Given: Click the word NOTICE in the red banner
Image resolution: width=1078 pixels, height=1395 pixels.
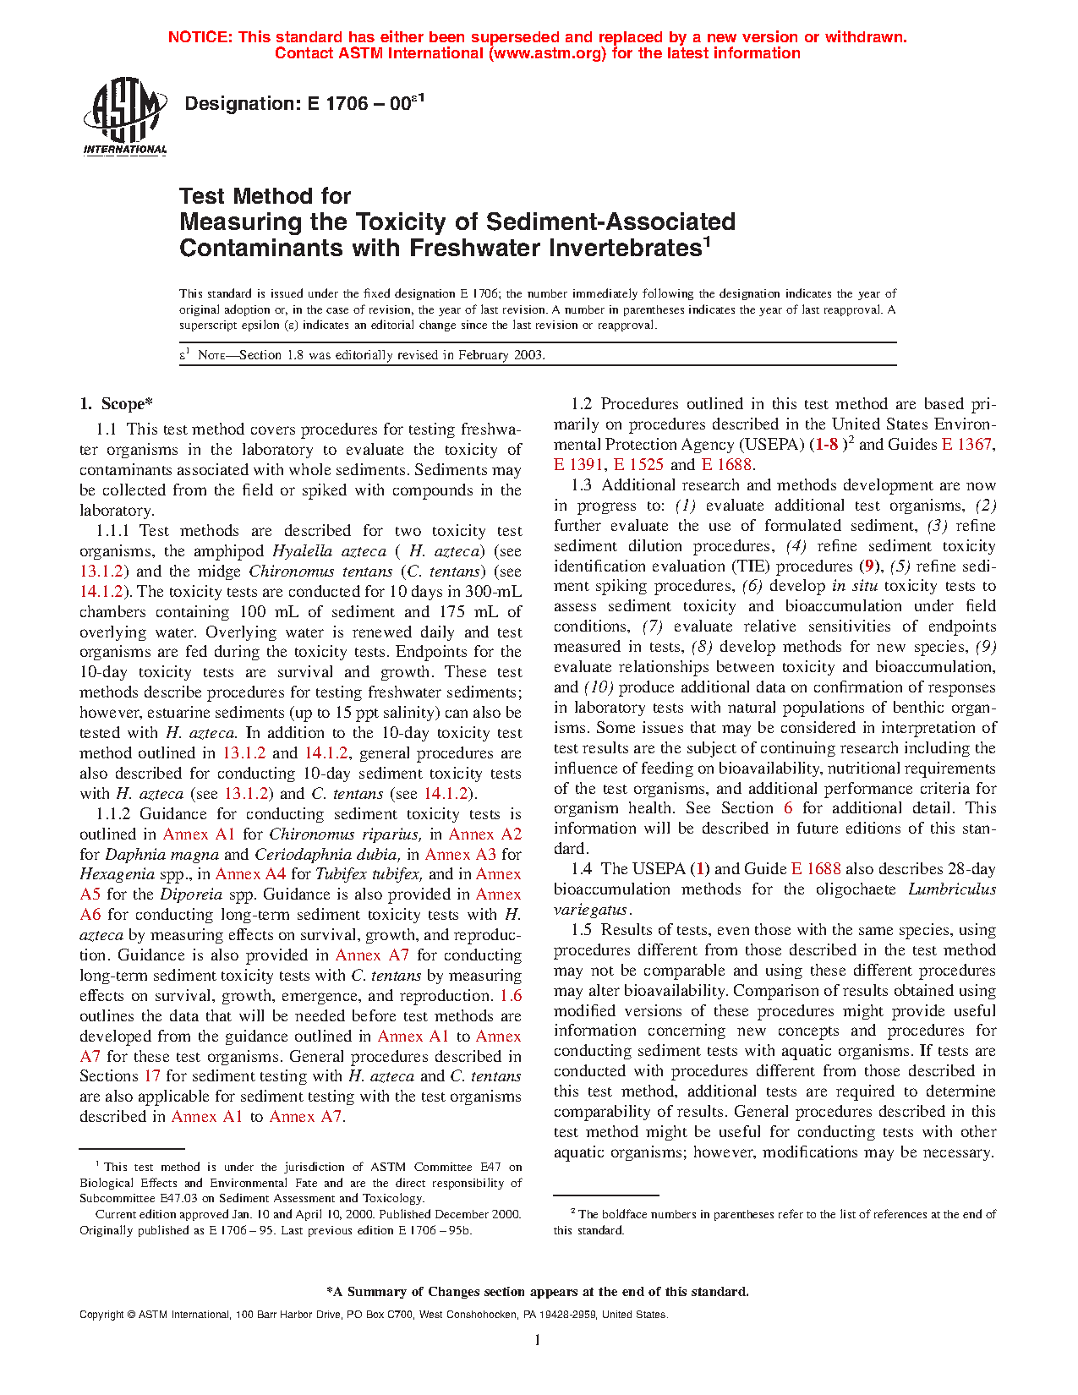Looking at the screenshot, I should coord(200,37).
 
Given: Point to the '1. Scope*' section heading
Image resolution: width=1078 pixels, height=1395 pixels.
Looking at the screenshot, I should coord(117,404).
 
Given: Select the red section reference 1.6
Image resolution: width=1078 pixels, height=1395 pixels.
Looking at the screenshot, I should coord(511,996).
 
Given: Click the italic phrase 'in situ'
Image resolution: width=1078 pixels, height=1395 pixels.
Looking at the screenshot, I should coord(855,586).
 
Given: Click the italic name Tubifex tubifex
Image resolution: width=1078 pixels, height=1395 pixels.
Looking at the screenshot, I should coord(368,874).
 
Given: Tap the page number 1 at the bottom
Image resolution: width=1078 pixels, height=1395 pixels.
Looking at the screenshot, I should coord(538,1340).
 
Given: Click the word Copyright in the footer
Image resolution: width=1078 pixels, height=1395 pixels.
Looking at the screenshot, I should coord(101,1315).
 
